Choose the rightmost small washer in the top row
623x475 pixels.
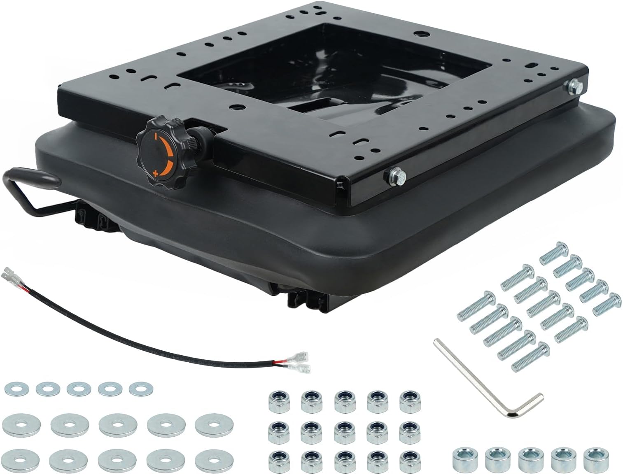(141, 388)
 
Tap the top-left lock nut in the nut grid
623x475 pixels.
(275, 398)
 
